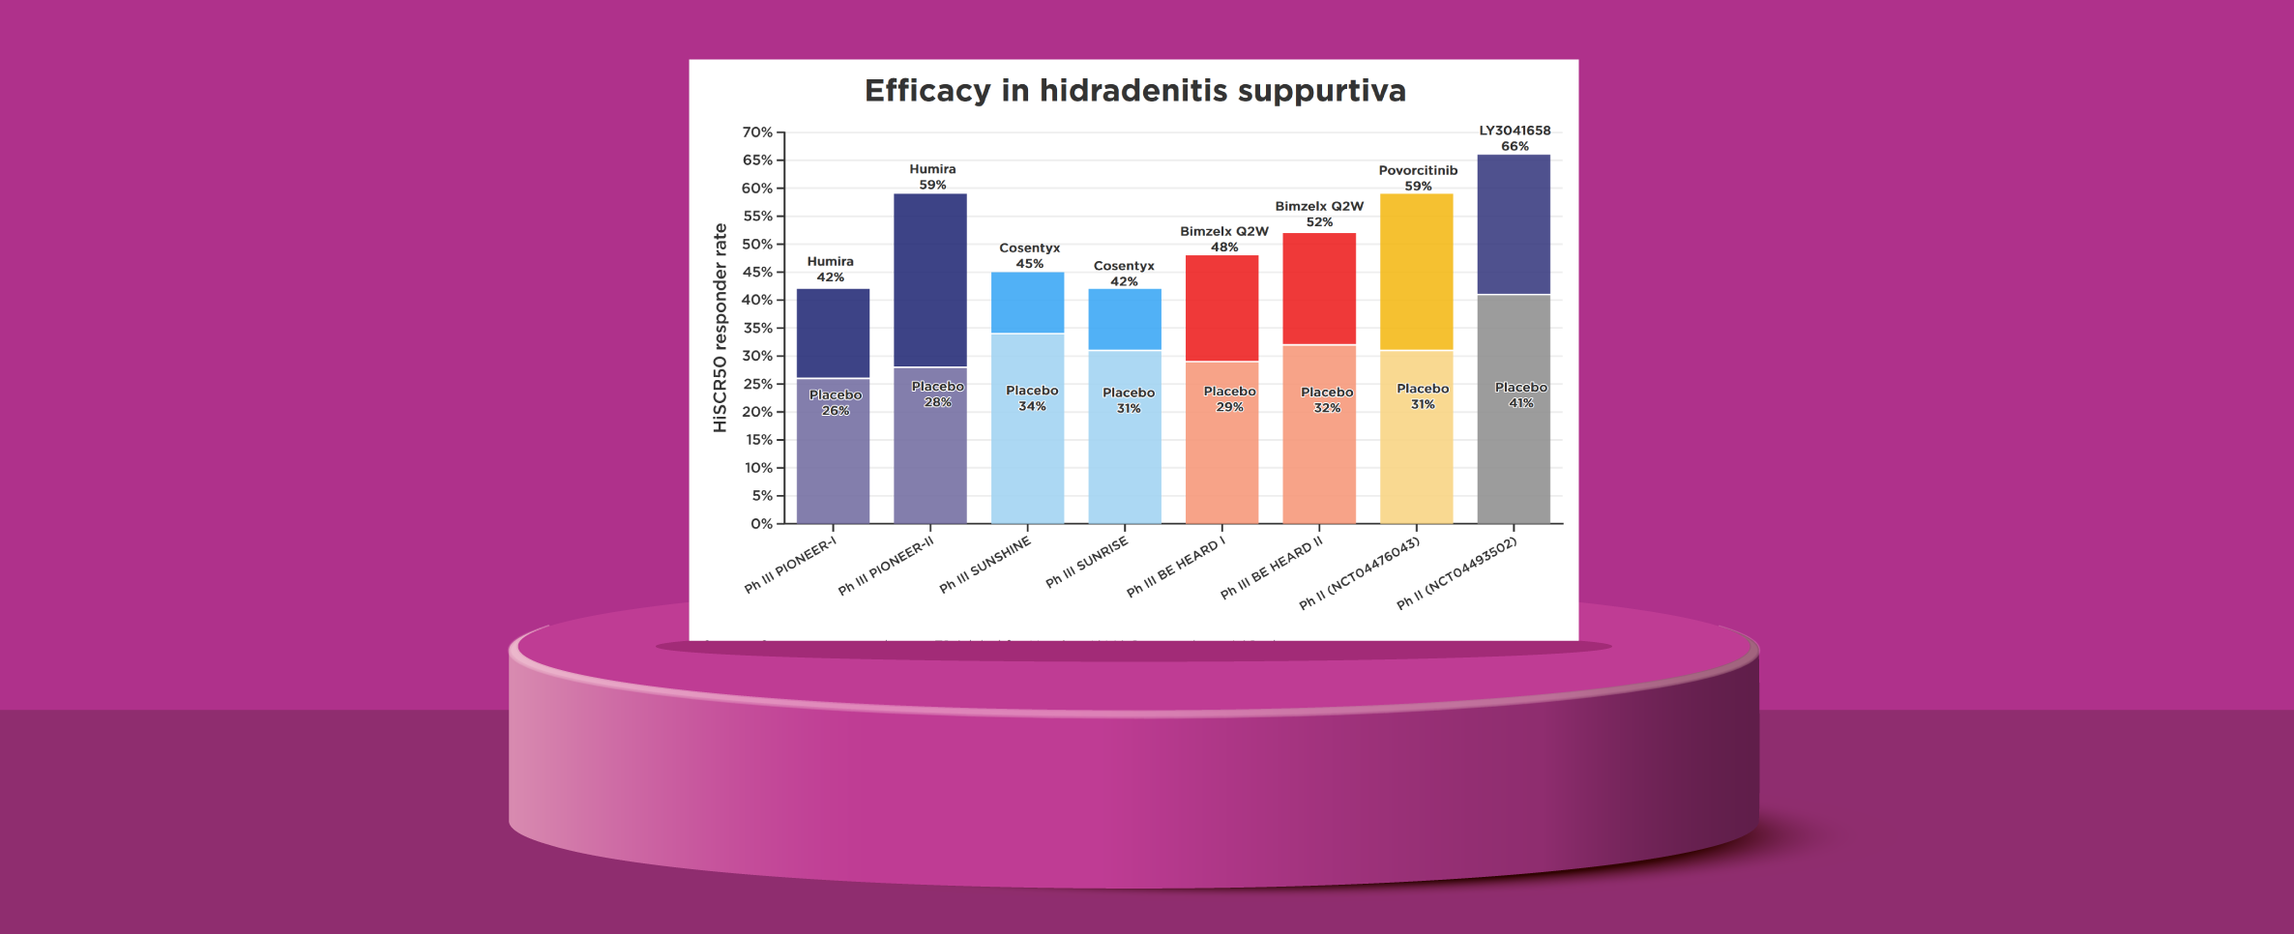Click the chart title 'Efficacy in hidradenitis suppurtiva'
[1134, 91]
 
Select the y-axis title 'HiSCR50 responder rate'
[720, 328]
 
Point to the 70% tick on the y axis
[757, 132]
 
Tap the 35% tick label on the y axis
[757, 328]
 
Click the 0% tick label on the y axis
[761, 524]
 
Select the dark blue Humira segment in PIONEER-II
[929, 280]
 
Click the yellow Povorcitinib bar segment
[1416, 272]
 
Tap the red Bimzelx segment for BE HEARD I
[1221, 308]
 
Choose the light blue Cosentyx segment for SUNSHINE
[1027, 303]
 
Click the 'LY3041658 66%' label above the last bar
[1515, 138]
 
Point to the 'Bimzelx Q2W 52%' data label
[1319, 214]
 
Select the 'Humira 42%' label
[831, 269]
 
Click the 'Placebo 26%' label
[836, 402]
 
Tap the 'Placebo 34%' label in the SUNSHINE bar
[1032, 398]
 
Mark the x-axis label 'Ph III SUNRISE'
[1087, 563]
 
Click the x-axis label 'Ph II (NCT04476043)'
[1359, 573]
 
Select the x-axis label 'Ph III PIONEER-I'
[790, 566]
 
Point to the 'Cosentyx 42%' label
[1124, 274]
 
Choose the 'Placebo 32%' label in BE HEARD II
[1327, 399]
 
